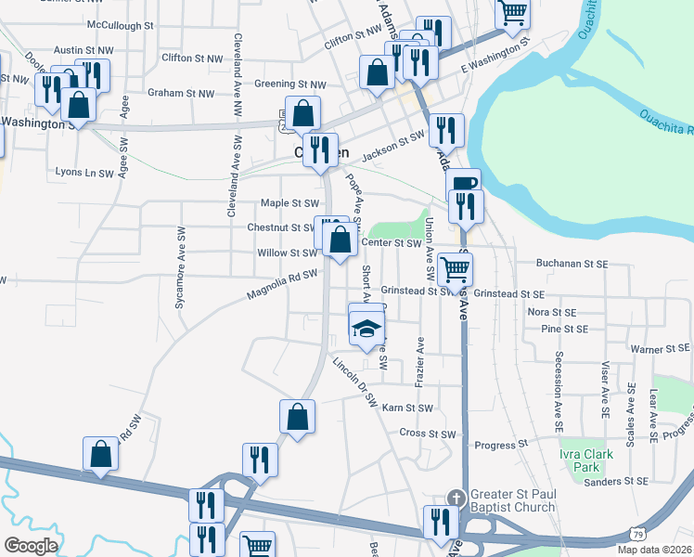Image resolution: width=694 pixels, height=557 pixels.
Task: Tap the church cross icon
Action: pyautogui.click(x=454, y=499)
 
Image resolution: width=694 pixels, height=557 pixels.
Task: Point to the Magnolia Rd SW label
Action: pyautogui.click(x=282, y=283)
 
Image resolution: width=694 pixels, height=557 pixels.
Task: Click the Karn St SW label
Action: pyautogui.click(x=407, y=408)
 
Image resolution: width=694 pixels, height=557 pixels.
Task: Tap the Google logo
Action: pyautogui.click(x=30, y=546)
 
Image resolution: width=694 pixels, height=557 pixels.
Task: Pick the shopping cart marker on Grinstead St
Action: pyautogui.click(x=455, y=269)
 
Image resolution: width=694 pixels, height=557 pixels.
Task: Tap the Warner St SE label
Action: pyautogui.click(x=660, y=349)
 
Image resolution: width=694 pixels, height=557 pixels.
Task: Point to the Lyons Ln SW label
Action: pyautogui.click(x=84, y=173)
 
